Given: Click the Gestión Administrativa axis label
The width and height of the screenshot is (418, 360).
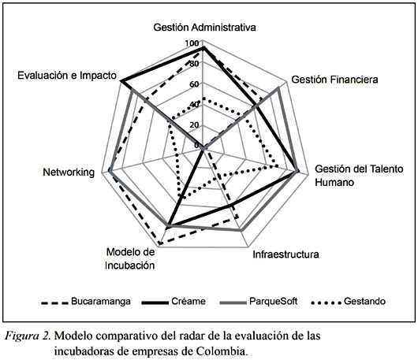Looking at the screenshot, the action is point(204,28).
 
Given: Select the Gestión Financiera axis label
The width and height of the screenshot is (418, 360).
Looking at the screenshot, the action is point(334,80).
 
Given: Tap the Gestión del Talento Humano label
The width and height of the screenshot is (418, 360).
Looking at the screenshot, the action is point(359,176).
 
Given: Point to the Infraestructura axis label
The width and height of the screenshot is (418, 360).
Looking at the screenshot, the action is point(286,254).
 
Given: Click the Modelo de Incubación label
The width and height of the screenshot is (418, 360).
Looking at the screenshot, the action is point(130,259).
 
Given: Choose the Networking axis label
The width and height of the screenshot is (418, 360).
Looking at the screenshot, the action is point(69,173).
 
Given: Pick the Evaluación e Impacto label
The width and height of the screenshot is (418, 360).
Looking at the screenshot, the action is point(67,76).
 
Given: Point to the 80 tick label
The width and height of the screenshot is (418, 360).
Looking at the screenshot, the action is point(193,64).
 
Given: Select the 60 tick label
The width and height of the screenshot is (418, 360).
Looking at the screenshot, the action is point(194,84).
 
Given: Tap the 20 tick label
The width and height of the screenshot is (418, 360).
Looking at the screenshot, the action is point(194,125).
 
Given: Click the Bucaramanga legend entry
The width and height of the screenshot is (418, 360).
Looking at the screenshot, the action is point(86,302).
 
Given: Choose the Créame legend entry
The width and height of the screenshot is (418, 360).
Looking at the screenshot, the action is point(174,302).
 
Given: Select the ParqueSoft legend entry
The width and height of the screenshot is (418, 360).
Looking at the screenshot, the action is point(259,302).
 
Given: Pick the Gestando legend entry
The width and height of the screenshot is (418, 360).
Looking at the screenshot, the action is point(349,302).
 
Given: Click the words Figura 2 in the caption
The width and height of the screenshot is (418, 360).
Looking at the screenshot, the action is point(28,336).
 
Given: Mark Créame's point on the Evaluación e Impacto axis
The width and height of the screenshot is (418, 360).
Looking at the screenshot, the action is point(121,80).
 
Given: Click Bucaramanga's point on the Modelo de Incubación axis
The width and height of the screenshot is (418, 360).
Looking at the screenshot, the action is point(159,243).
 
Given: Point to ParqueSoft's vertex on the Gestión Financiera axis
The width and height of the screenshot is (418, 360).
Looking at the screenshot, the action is point(278,88).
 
